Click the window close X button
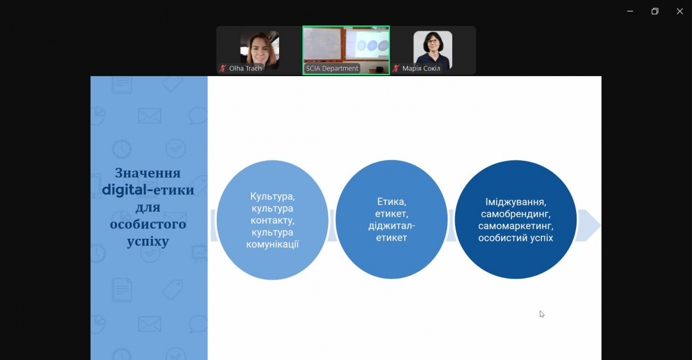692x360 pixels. point(679,11)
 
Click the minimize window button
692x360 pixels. point(630,11)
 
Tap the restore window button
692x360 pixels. point(655,11)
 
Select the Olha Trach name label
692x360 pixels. point(245,69)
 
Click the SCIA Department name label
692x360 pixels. point(332,69)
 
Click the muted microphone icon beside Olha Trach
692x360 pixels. point(223,69)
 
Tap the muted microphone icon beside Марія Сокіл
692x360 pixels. point(396,69)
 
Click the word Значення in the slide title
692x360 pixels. point(148,173)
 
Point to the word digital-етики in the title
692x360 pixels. point(148,190)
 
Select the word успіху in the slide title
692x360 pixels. point(148,241)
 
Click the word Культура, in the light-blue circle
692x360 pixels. point(272,196)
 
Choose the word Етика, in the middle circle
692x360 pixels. point(391,202)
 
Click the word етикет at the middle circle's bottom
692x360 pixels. point(391,238)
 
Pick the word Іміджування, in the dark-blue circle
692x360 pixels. point(516,202)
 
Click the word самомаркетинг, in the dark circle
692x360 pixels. point(516,226)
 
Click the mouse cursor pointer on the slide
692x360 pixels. point(541,314)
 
